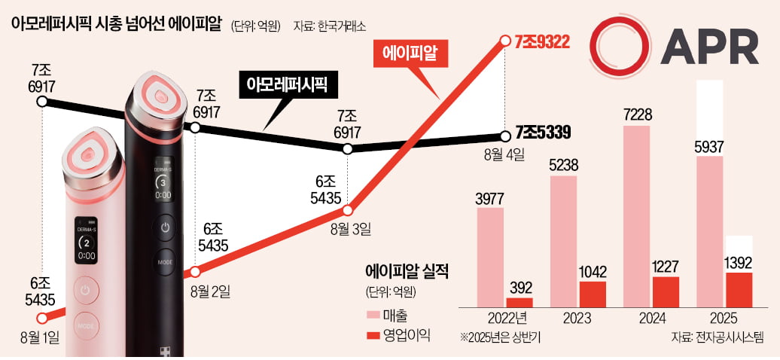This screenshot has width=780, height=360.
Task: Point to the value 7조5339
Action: click(x=542, y=134)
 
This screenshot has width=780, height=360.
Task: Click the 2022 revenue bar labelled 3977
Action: click(x=491, y=257)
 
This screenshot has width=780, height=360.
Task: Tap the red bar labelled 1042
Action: click(x=592, y=294)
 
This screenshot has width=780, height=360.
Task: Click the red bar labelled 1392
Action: click(x=738, y=289)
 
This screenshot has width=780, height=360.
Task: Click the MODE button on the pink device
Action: click(x=87, y=326)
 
